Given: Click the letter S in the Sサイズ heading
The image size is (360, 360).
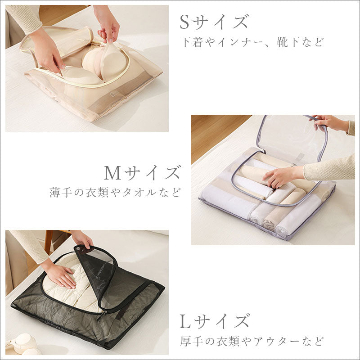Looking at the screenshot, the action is point(185,22).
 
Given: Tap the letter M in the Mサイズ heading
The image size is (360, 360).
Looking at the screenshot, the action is point(113,173).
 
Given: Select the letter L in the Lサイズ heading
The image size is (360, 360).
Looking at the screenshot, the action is point(185,321).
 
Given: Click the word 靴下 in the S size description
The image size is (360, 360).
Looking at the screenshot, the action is point(288,42).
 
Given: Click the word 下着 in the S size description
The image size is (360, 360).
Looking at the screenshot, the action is point(192,42).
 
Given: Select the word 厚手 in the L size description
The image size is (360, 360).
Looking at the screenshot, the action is point(192,342).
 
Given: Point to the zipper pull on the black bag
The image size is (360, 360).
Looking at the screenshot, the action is point(101,316).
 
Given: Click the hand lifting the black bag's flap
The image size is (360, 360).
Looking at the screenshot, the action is point(82,240).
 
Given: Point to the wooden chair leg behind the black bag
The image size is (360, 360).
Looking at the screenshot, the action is point(48,242).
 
